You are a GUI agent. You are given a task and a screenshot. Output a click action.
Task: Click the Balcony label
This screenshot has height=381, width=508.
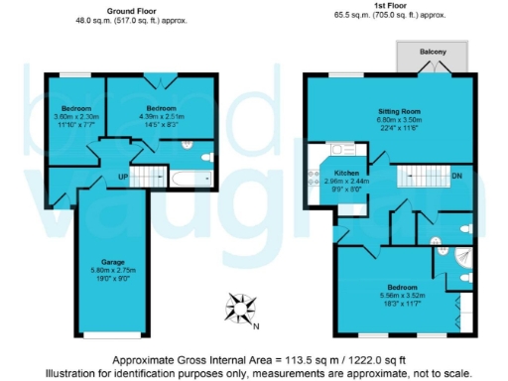click(432, 53)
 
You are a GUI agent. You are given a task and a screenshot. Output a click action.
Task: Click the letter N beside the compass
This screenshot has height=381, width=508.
click(255, 326)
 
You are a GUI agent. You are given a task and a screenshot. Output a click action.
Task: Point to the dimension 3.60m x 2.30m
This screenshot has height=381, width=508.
click(76, 116)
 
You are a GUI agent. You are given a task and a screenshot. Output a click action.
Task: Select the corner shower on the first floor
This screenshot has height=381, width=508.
click(459, 260)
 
